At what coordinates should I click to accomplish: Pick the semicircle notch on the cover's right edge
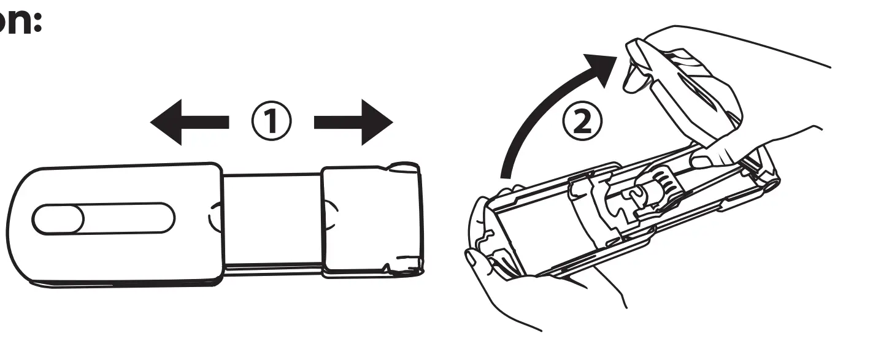[x=214, y=218]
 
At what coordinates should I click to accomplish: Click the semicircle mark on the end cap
[x=330, y=216]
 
